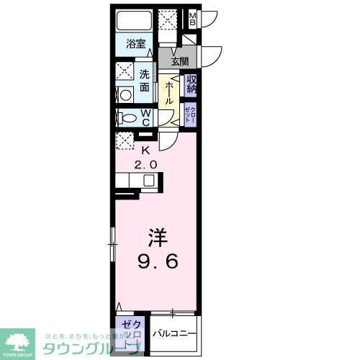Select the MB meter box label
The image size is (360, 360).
[x=192, y=17]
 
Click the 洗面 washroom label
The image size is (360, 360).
[x=145, y=80]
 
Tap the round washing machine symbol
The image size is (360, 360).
[x=124, y=94]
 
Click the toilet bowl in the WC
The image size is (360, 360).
[x=127, y=118]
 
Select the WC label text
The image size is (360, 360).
[x=145, y=117]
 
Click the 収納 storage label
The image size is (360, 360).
[x=192, y=85]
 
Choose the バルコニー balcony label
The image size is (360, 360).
[x=173, y=333]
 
